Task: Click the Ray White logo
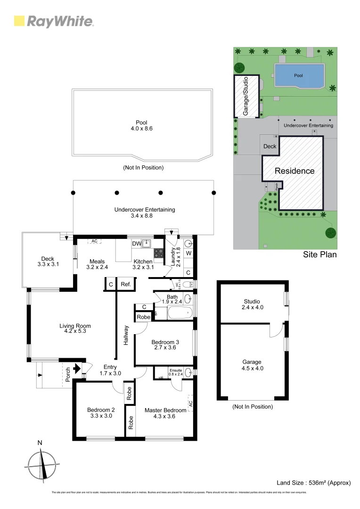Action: pos(54,21)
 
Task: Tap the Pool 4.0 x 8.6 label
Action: pos(142,125)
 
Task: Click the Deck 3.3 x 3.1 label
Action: pos(48,262)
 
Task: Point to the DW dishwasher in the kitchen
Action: pos(136,244)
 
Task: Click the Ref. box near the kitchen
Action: pos(126,284)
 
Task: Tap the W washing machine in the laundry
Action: pos(188,254)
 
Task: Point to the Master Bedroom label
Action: pos(165,413)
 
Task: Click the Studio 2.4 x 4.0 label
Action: pos(252,304)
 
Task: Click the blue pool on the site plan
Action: pos(299,75)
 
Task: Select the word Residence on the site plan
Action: pos(295,171)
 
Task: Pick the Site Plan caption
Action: pos(319,255)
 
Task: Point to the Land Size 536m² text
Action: pos(313,483)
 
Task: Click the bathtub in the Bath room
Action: pos(174,312)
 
